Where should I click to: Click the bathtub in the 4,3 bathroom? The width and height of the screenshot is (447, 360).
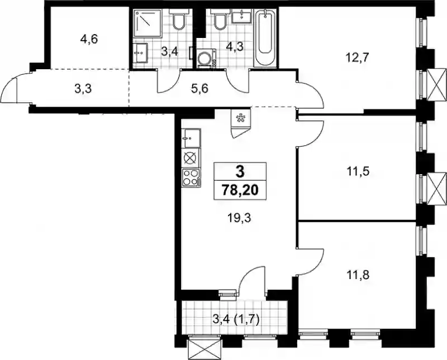(265, 38)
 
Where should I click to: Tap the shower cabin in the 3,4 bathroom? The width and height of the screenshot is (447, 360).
(148, 23)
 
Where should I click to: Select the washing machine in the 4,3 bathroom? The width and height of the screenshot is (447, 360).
(206, 59)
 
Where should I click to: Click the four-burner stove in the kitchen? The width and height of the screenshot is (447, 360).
(191, 177)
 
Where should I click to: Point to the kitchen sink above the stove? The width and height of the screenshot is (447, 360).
(191, 138)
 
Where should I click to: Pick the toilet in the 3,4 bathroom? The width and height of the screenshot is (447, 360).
(179, 19)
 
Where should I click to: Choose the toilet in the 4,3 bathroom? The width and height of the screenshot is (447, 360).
(220, 19)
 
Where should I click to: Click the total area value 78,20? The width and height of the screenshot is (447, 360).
(240, 190)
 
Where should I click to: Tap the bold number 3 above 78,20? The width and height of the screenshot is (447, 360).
(240, 172)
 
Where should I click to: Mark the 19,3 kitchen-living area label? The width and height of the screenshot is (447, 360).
(239, 218)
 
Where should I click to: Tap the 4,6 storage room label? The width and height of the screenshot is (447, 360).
(89, 39)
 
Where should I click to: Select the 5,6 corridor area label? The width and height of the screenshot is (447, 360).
(200, 89)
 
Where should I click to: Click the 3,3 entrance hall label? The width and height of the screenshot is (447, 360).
(83, 89)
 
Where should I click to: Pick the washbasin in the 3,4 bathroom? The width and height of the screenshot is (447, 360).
(140, 53)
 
